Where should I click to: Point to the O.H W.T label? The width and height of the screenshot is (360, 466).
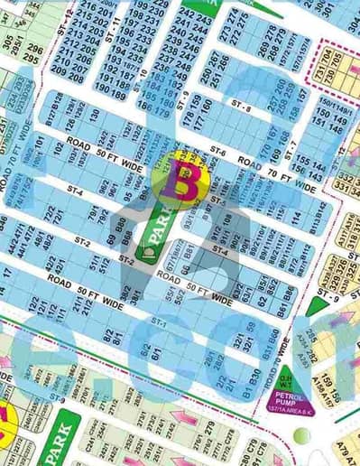pos(282,383)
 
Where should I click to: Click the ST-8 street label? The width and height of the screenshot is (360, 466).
pos(240,108)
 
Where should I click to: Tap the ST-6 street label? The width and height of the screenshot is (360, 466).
pos(217,151)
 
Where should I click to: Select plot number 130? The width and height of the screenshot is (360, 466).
pos(93,114)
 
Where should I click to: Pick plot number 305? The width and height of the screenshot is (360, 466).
pos(8,42)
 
